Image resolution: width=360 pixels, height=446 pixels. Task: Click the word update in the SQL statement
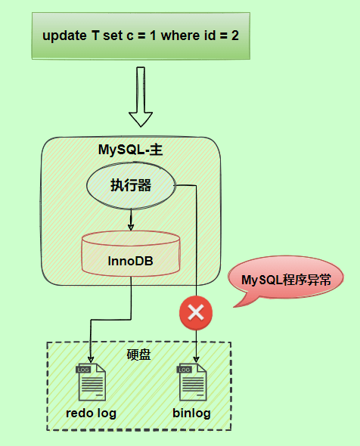[63, 35]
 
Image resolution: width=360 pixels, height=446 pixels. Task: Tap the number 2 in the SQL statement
[238, 35]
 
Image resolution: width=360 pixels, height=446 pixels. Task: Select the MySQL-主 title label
[131, 150]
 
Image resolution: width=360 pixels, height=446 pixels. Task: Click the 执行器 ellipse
[131, 186]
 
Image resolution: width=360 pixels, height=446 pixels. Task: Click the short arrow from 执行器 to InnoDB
[131, 220]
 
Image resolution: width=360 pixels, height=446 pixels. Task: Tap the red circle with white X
[196, 312]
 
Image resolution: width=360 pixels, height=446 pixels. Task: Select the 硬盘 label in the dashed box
[139, 354]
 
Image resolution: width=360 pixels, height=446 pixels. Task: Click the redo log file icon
[90, 383]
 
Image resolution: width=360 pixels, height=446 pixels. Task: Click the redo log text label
[92, 413]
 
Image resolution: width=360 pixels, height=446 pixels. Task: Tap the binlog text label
[191, 413]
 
